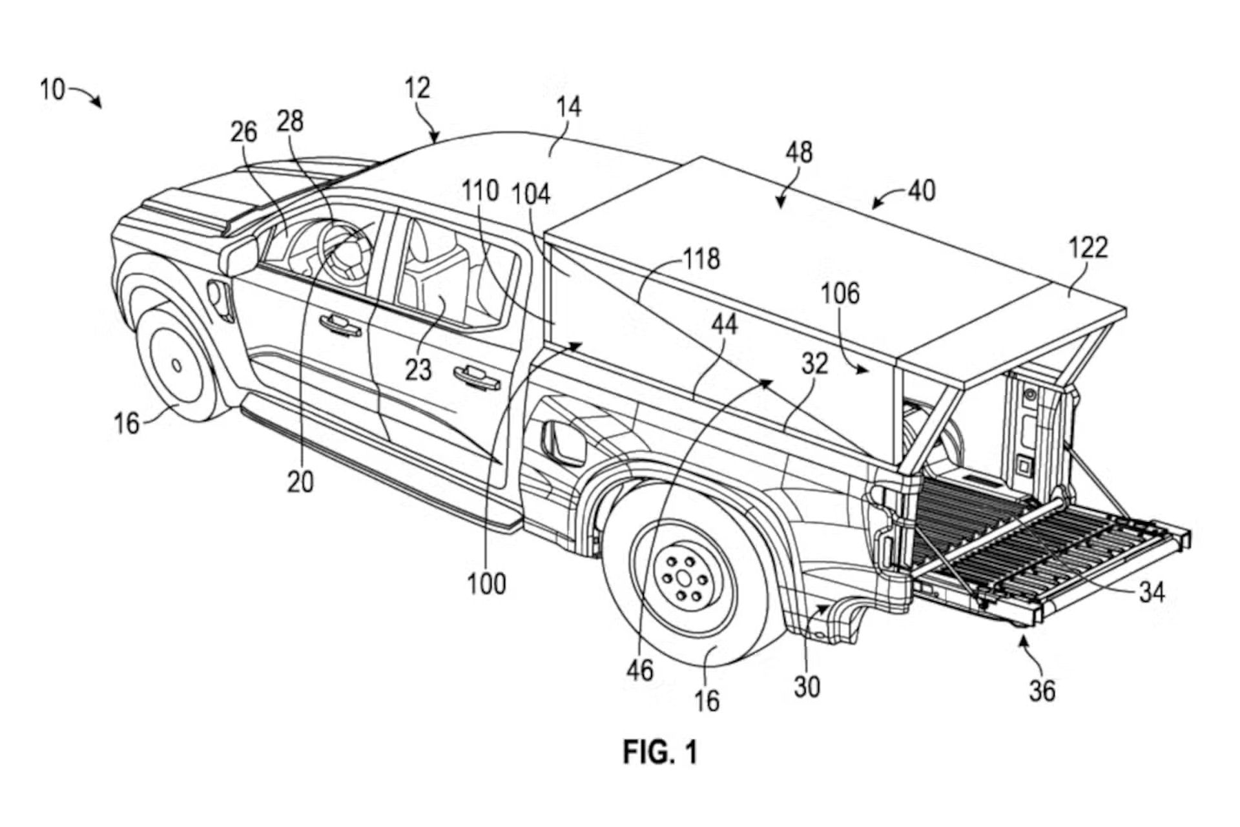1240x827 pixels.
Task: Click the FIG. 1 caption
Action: (x=659, y=752)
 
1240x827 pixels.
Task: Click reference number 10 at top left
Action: (x=52, y=89)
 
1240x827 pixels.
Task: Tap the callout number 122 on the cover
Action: (x=1088, y=247)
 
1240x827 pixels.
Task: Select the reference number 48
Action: (x=799, y=153)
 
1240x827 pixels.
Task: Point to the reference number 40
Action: (x=922, y=191)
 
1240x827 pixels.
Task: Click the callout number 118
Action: (x=701, y=258)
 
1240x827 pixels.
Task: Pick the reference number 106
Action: (x=840, y=294)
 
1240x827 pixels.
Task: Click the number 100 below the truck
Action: (x=486, y=584)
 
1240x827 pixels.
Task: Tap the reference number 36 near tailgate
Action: (x=1042, y=691)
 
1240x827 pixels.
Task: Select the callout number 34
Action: (x=1152, y=592)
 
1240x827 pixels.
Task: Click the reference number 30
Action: (x=807, y=687)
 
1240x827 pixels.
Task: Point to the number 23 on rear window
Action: (x=418, y=370)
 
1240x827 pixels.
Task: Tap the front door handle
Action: (x=340, y=325)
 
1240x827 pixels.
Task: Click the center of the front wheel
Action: (x=176, y=365)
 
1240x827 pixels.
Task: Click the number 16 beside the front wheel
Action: (x=127, y=423)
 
